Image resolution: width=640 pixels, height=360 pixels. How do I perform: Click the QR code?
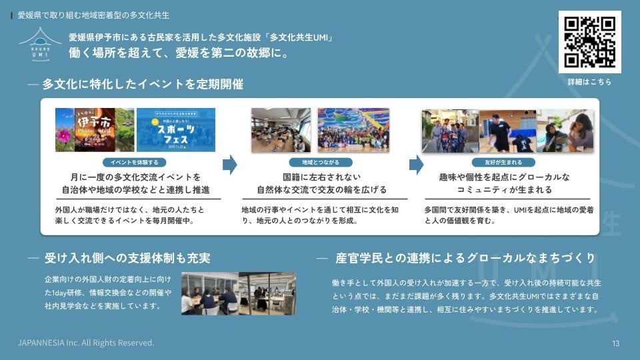pos(589,41)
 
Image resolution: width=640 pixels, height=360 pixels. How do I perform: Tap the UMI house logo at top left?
pos(40,45)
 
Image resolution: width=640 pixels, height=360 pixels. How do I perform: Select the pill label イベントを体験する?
pos(135,162)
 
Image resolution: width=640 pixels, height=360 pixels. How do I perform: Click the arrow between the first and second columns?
pos(229,164)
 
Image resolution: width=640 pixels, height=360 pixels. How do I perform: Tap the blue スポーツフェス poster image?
pos(176,129)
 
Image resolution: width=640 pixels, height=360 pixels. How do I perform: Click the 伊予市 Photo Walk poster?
pos(95,129)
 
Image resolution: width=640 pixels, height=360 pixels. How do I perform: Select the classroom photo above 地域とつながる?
pos(281,130)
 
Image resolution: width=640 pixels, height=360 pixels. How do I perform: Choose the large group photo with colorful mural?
pos(353,130)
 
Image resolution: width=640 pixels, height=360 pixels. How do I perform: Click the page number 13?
pos(615,343)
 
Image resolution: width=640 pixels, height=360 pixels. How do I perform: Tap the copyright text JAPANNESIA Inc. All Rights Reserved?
pos(86,343)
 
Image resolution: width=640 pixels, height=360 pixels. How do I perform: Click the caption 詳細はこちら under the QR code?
pos(589,82)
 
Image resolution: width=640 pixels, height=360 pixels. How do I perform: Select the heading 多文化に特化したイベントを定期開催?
pos(143,85)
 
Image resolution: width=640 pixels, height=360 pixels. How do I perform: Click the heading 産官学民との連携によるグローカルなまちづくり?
pos(465,258)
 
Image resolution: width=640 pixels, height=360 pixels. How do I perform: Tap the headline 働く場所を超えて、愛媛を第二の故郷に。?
pos(179,53)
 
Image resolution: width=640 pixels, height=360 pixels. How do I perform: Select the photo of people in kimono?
pos(449,131)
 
